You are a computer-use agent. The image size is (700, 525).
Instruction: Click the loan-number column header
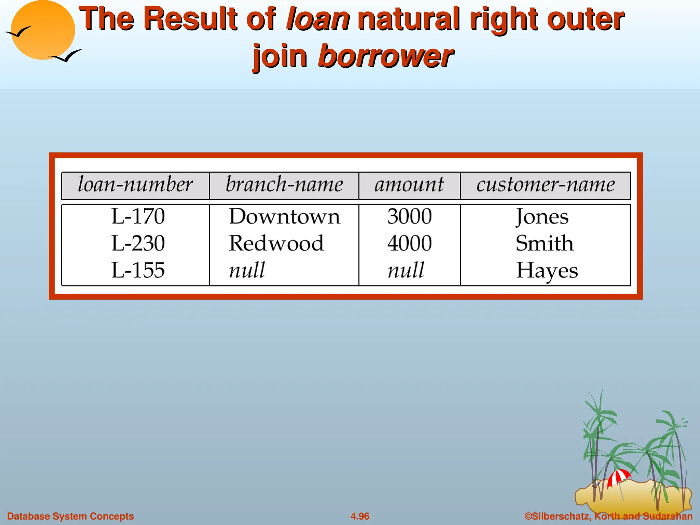(x=135, y=185)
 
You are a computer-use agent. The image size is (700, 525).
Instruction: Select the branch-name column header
(x=284, y=185)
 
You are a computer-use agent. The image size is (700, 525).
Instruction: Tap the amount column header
(x=409, y=185)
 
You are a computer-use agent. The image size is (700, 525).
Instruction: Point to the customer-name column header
(x=546, y=185)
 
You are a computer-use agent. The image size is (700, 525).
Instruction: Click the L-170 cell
(x=138, y=216)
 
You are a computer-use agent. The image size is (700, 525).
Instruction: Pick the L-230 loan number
(x=138, y=243)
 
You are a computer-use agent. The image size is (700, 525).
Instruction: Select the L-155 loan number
(x=138, y=270)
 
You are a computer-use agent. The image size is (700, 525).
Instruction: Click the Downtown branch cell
(x=284, y=216)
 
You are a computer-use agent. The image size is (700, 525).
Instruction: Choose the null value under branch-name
(x=247, y=270)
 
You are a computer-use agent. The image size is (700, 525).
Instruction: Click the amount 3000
(x=409, y=216)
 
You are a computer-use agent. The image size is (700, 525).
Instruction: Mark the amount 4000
(x=409, y=243)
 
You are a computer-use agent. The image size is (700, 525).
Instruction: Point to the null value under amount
(x=406, y=270)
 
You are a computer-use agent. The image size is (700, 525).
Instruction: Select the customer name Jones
(x=542, y=217)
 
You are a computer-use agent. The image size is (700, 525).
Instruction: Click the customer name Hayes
(x=547, y=271)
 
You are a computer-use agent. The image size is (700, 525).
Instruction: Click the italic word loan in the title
(x=318, y=19)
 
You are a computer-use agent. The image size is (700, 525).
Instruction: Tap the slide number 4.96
(x=360, y=516)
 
